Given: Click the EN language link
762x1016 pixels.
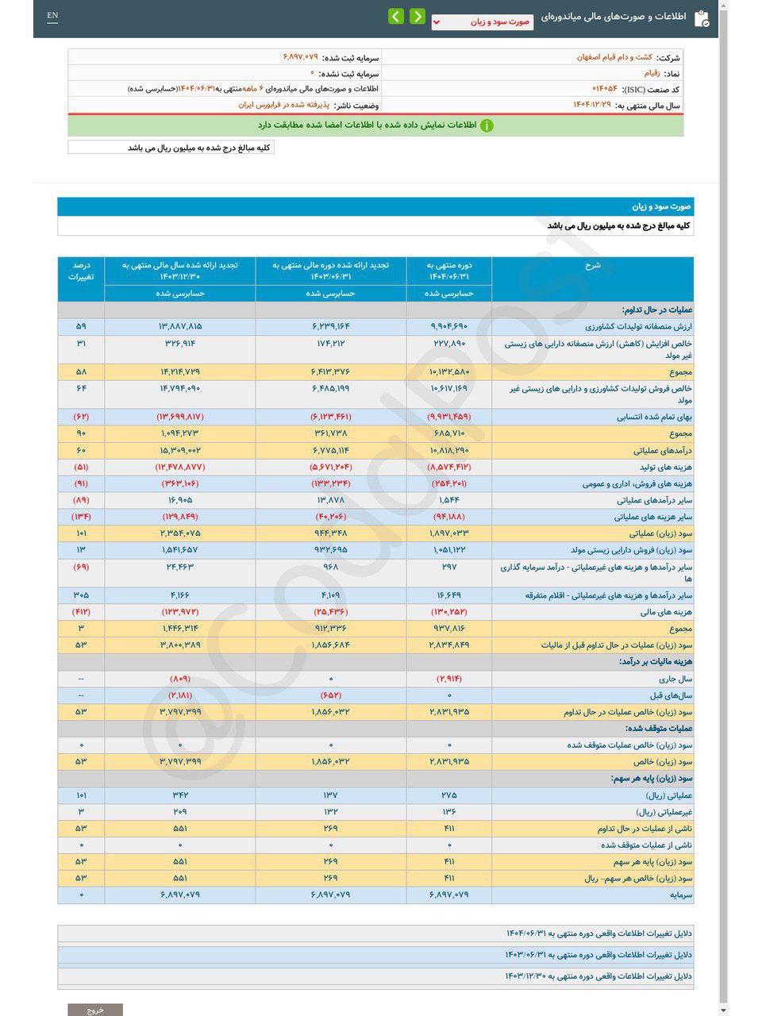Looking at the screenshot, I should (x=52, y=16).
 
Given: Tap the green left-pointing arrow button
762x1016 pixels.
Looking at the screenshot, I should (x=396, y=17).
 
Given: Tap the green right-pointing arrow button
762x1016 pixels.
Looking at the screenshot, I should (x=418, y=17).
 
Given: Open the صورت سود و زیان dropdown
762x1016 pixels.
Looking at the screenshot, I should (x=482, y=22).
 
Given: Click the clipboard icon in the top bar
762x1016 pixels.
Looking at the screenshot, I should (x=702, y=18).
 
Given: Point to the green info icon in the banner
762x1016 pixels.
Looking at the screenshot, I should (x=487, y=125).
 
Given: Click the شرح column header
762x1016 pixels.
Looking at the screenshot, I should (x=592, y=266).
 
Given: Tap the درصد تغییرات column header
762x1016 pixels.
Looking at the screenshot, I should (x=81, y=271).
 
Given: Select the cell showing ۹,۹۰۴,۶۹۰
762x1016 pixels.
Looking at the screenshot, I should (x=449, y=327).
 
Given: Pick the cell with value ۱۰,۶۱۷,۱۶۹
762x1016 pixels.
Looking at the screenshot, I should (x=449, y=389).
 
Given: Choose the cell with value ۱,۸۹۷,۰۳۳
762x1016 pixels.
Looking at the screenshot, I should (x=449, y=533).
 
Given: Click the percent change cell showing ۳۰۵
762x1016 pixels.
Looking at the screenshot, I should (x=81, y=595).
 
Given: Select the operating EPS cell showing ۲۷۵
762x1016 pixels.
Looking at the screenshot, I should (x=449, y=795).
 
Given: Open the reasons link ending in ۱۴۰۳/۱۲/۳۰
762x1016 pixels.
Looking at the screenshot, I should (x=598, y=976).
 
